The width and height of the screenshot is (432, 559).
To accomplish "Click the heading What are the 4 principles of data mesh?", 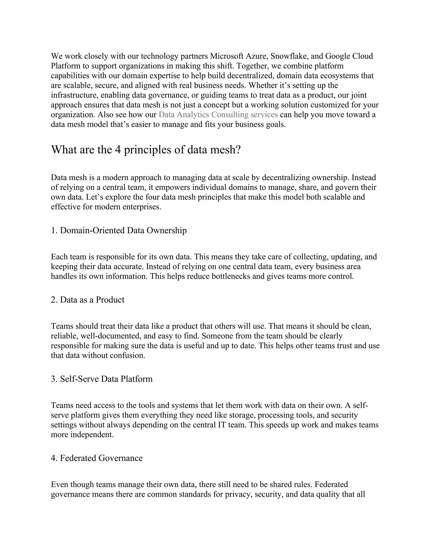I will [146, 150].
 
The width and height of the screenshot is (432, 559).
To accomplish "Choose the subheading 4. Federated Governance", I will [97, 458].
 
